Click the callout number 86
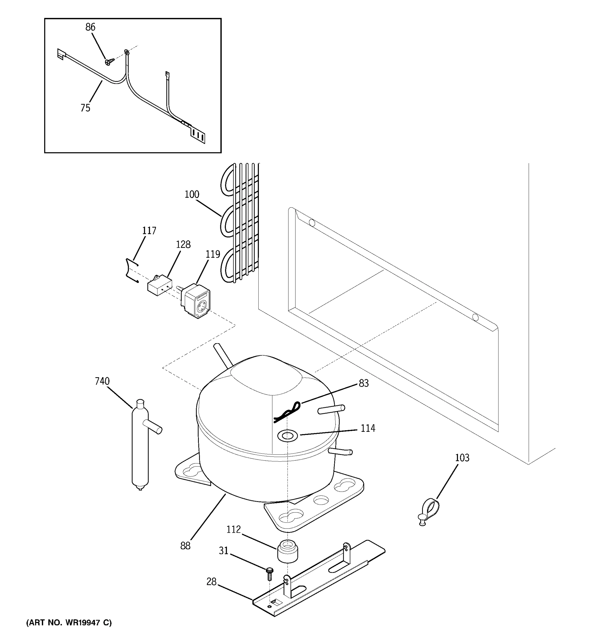(90, 27)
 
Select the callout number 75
(85, 108)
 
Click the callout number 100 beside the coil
(192, 195)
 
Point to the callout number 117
(149, 231)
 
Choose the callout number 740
(102, 381)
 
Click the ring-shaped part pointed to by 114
(286, 436)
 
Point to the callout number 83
(364, 384)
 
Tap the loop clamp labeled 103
(429, 510)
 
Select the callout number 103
(462, 458)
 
